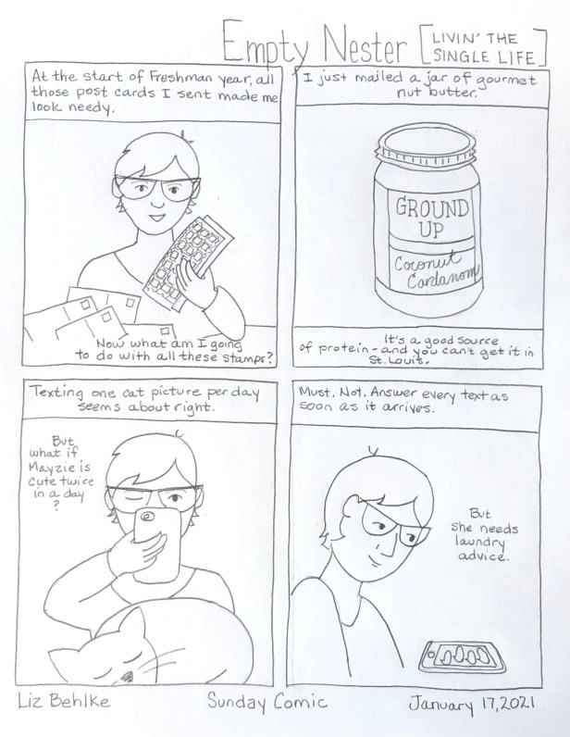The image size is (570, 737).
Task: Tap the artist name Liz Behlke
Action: (64, 701)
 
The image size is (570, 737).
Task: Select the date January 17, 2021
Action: (471, 704)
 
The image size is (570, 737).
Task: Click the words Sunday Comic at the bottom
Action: (266, 702)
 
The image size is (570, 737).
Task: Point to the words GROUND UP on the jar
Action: (432, 219)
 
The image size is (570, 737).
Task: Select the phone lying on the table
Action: (462, 657)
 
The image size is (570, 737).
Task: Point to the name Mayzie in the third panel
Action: (59, 468)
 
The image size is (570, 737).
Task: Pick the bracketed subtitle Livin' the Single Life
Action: (484, 48)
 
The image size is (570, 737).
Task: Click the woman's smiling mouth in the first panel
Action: (156, 219)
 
